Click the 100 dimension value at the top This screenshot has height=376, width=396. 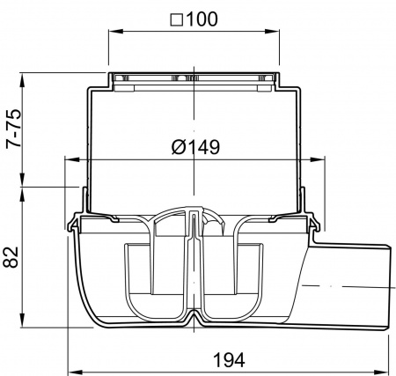pos(202,19)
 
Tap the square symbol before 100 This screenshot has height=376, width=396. pos(177,20)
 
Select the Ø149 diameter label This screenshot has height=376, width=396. pos(195,147)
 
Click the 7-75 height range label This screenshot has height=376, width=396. pos(14,129)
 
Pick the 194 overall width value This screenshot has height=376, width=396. pos(229,360)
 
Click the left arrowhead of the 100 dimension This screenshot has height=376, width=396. pos(115,31)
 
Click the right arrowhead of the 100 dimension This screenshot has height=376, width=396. pos(273,31)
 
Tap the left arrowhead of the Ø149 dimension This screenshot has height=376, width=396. pos(71,159)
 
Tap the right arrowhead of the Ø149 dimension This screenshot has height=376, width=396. pos(318,159)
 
